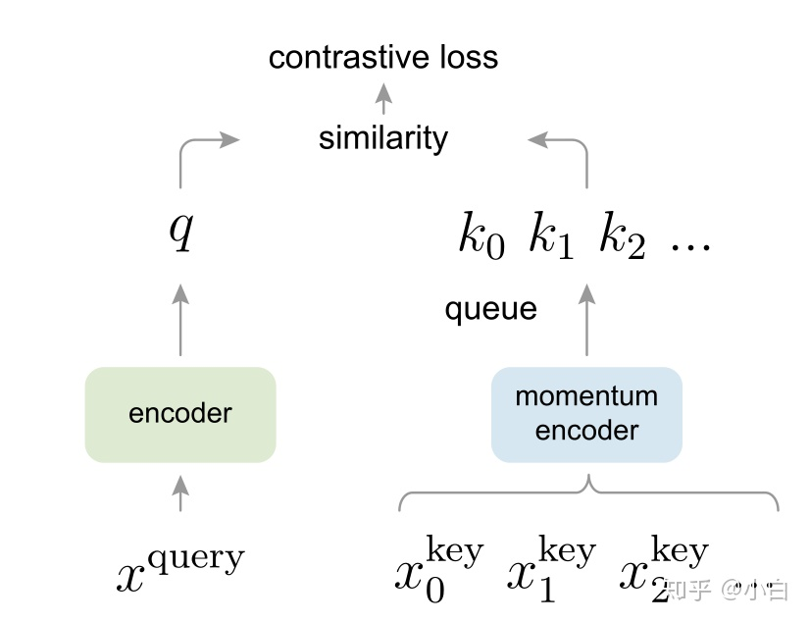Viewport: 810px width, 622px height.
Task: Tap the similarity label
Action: click(x=382, y=138)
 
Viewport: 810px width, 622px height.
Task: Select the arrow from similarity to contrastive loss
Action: click(x=384, y=99)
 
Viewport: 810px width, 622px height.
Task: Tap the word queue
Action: click(x=490, y=310)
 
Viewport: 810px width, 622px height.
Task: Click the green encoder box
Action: click(x=180, y=414)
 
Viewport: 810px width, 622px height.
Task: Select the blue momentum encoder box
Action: click(x=586, y=414)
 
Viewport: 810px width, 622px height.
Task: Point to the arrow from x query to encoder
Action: click(x=180, y=492)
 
